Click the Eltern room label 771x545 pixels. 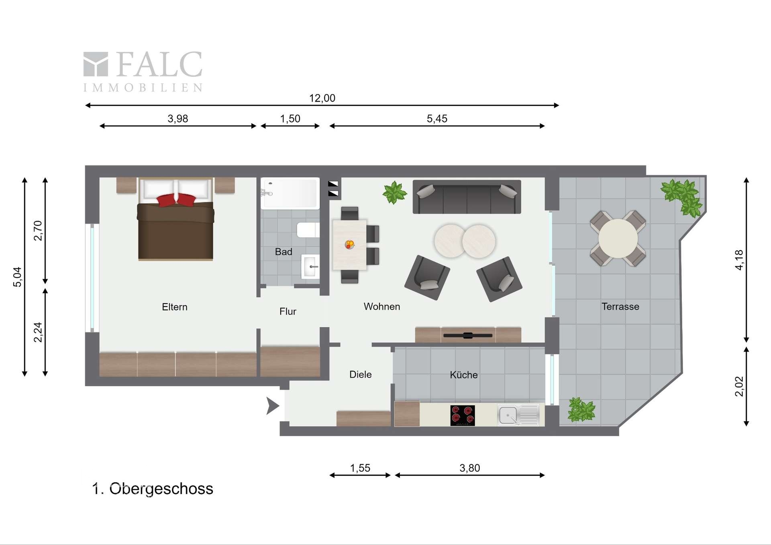[175, 307]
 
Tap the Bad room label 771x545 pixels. [284, 252]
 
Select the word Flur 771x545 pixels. [288, 311]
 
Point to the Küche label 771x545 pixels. [464, 375]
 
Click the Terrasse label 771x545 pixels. [620, 306]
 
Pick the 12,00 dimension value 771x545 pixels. [322, 98]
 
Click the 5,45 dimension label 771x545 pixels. [437, 118]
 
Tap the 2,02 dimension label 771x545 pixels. [739, 386]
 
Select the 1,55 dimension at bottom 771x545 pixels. [360, 468]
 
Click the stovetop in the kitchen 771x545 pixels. [463, 415]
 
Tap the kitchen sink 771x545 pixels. [518, 415]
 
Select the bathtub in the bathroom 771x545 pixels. [290, 194]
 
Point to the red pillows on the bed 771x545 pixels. [176, 200]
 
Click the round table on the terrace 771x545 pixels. [618, 238]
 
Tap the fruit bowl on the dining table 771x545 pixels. [350, 244]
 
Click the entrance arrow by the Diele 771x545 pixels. [273, 406]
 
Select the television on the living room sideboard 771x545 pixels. [467, 335]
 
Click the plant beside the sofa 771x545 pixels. [395, 192]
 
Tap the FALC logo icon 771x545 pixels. [96, 64]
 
